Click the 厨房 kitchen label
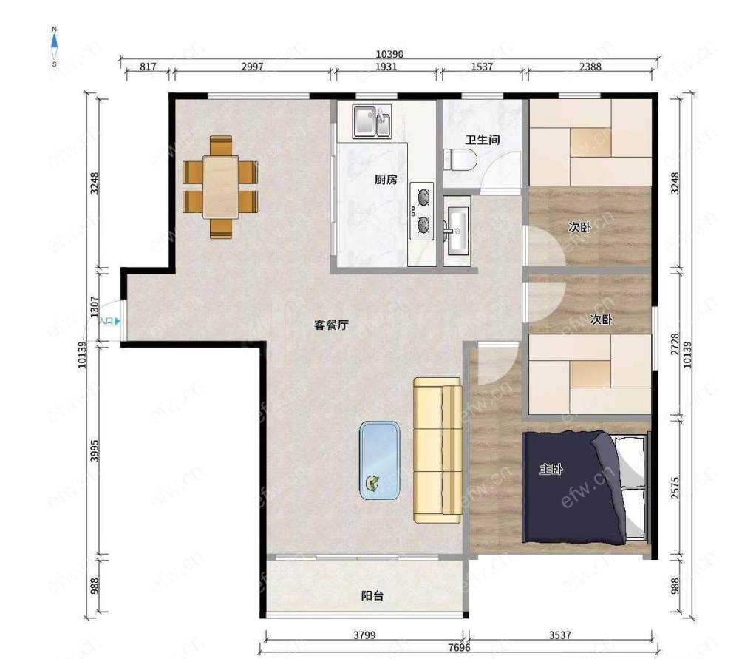pos(386,179)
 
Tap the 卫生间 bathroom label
pos(482,140)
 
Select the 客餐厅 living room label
pos(331,325)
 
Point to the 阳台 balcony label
pos(372,596)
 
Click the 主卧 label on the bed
pos(551,469)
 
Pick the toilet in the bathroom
pos(460,160)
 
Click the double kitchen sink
pos(372,121)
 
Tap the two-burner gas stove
pos(422,211)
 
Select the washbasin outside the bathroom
pos(456,229)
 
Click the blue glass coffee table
pos(380,460)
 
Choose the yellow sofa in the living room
pos(437,450)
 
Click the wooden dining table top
pos(220,187)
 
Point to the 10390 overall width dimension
pos(389,54)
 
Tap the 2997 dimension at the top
pos(252,67)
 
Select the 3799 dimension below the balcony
pos(364,635)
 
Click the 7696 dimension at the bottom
pos(459,648)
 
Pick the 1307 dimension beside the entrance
pos(95,307)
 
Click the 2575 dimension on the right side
pos(675,487)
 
